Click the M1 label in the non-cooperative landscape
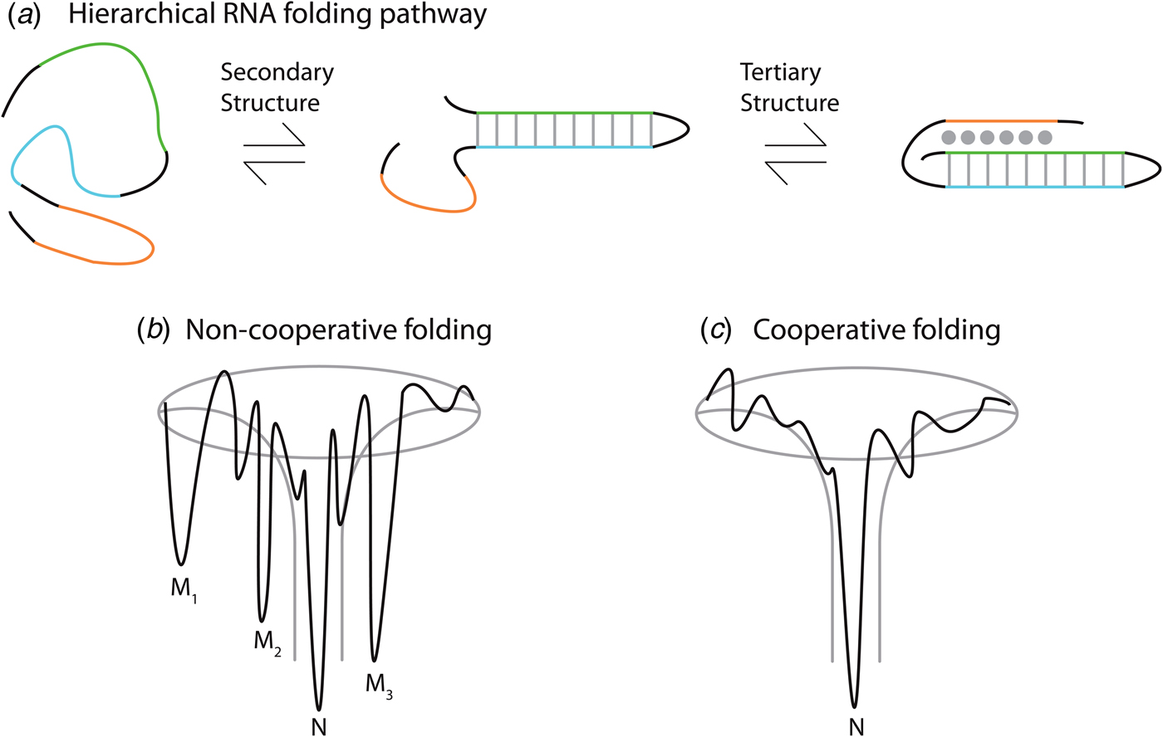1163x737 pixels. click(x=184, y=590)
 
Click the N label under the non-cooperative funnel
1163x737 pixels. click(x=318, y=726)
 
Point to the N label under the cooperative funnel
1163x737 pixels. click(x=856, y=726)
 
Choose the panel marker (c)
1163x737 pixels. click(x=714, y=330)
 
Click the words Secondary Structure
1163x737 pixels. click(x=277, y=87)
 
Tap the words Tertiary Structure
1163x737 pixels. click(x=789, y=87)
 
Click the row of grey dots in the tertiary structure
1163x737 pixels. click(x=996, y=137)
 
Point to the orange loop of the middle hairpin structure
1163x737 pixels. click(x=428, y=202)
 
